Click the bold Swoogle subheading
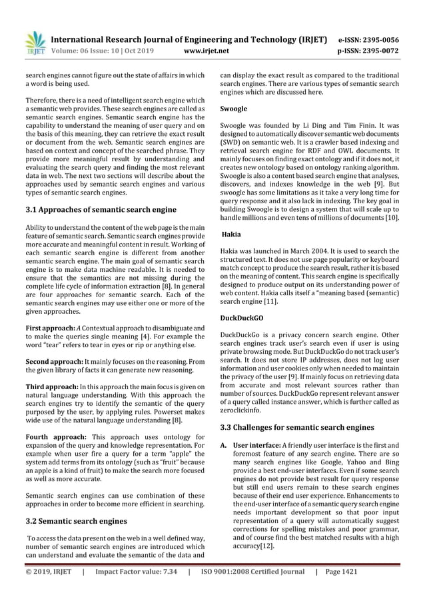pyautogui.click(x=233, y=108)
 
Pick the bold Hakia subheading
pyautogui.click(x=230, y=235)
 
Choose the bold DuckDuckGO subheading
pyautogui.click(x=240, y=318)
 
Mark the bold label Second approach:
pyautogui.click(x=52, y=360)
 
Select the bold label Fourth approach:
pyautogui.click(x=51, y=436)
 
